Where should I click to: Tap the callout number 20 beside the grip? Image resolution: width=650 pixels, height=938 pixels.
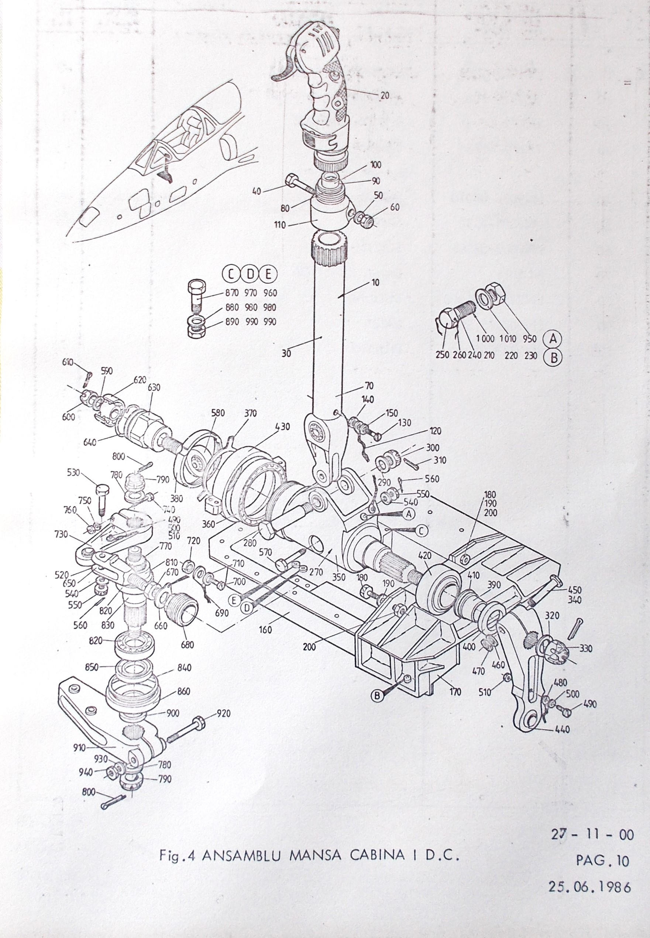(385, 95)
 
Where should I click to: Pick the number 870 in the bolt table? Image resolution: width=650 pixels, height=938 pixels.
(232, 293)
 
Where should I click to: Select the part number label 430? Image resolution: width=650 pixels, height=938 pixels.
(282, 427)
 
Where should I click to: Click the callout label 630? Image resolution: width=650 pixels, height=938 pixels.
(154, 387)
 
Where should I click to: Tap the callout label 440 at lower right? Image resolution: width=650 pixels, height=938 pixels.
(562, 729)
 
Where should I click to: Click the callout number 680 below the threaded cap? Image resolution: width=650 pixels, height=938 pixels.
(188, 645)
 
